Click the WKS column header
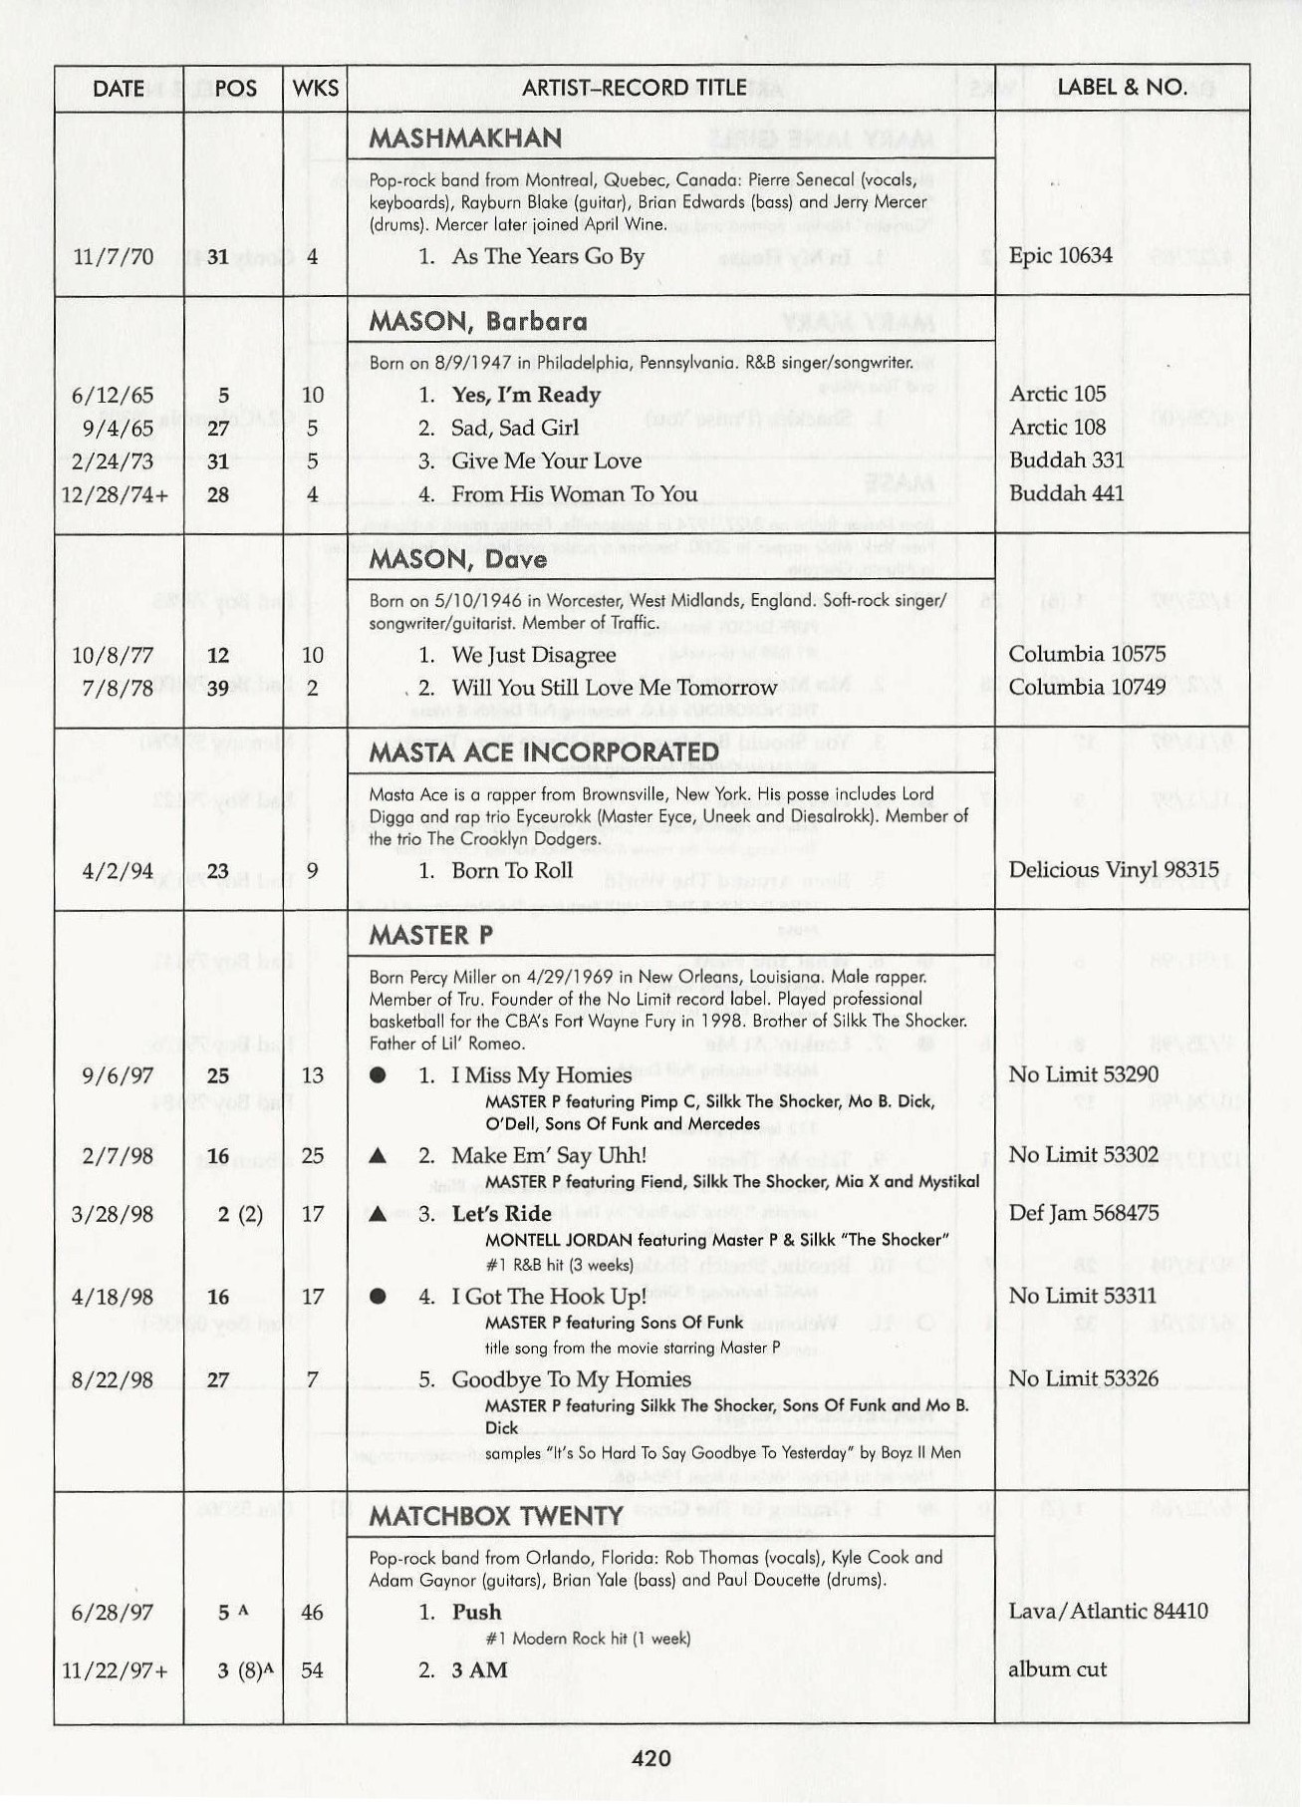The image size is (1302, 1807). coord(315,88)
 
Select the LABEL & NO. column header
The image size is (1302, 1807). coord(1122,87)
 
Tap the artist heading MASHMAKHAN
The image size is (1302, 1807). coord(465,138)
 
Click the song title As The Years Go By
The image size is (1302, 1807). coord(548,256)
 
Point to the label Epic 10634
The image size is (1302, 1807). coord(1060,255)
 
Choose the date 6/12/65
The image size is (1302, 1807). coord(113,395)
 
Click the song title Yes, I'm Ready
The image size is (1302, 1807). coord(526,395)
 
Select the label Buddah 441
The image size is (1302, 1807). coord(1066,493)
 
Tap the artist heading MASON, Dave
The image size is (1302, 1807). coord(457,559)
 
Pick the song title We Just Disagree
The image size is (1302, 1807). coord(533,655)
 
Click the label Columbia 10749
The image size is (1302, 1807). coord(1087,687)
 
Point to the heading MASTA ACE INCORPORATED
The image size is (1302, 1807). coord(543,753)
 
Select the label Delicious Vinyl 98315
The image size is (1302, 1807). coord(1113,870)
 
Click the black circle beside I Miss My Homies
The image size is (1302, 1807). coord(378,1075)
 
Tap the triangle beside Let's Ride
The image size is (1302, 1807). coord(378,1214)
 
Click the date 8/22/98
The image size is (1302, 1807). coord(113,1380)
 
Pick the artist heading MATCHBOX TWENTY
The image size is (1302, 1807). coord(495,1517)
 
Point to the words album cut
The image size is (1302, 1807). coord(1057,1669)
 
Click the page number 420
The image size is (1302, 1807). coord(651,1758)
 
